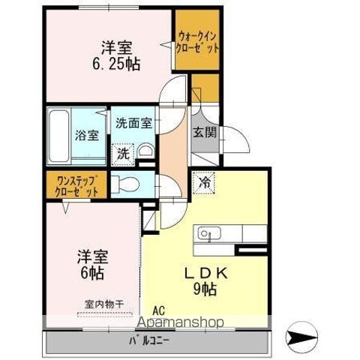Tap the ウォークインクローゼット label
pyautogui.click(x=198, y=41)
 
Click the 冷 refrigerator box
pyautogui.click(x=205, y=181)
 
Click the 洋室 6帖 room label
pyautogui.click(x=92, y=263)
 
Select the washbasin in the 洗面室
pyautogui.click(x=146, y=149)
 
